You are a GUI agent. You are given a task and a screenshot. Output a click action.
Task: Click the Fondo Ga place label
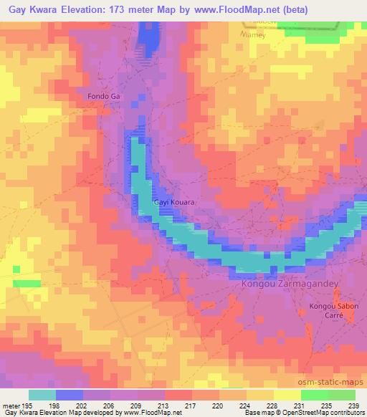tap(103, 95)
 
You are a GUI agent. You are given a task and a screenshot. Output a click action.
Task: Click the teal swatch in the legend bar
tap(42, 394)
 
